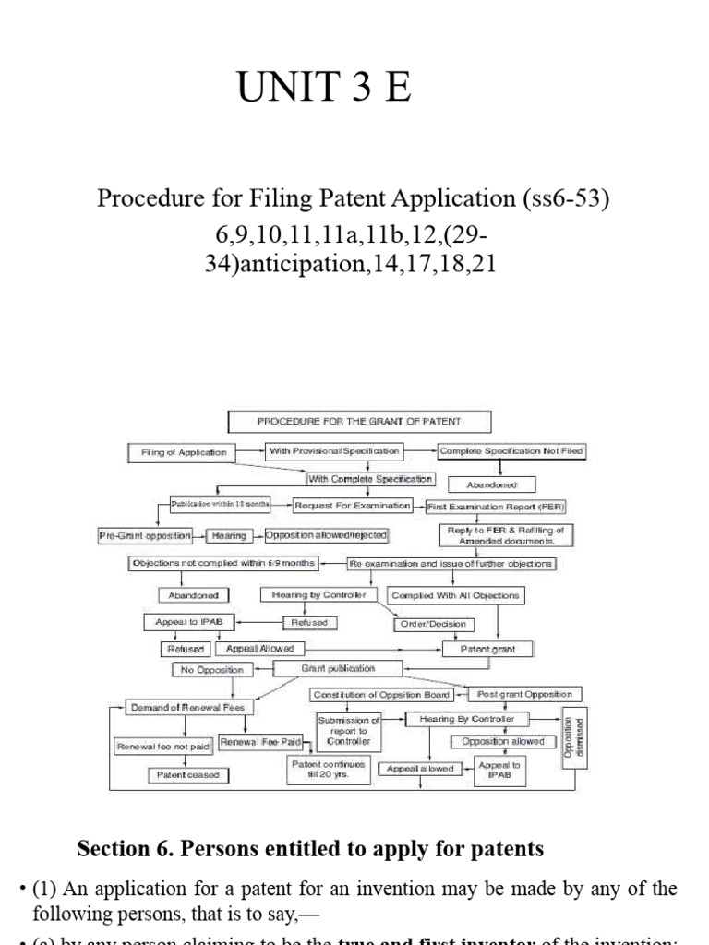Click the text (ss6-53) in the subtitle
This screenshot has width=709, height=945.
[x=559, y=199]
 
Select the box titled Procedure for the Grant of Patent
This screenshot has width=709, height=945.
[x=360, y=422]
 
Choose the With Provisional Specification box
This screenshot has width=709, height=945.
[x=334, y=450]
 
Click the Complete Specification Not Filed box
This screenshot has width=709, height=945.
[x=511, y=450]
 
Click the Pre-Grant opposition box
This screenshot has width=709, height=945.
[x=145, y=535]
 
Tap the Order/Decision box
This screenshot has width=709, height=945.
[x=434, y=624]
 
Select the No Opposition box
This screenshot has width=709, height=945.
[x=196, y=669]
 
